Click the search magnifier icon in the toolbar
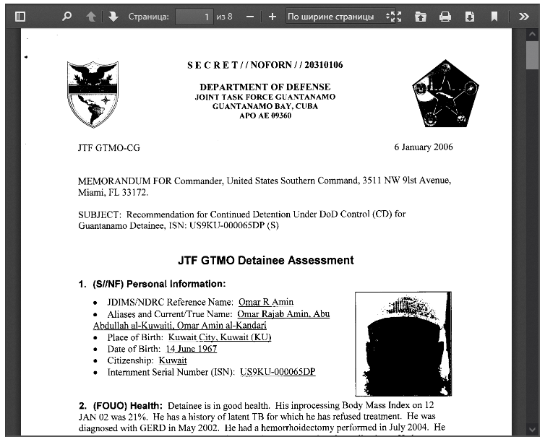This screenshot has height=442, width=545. (x=66, y=17)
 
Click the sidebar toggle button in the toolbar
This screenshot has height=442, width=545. (x=20, y=17)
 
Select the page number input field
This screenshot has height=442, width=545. (x=194, y=17)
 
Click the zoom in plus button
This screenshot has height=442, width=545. (x=272, y=17)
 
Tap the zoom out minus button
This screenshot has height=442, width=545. (x=249, y=17)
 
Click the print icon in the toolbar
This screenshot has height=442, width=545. (x=445, y=17)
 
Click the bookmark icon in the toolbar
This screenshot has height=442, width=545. (x=494, y=17)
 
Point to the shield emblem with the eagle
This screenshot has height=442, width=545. (x=93, y=93)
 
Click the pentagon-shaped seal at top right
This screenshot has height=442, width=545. (x=445, y=93)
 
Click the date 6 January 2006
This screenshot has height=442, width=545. (x=424, y=147)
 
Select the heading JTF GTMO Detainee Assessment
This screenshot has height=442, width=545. (x=266, y=260)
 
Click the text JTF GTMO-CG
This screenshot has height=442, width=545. (x=109, y=148)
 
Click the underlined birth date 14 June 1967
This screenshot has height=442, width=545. (x=192, y=349)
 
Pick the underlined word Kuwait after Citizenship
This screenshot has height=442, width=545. (x=173, y=360)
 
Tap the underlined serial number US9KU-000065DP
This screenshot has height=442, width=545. (x=278, y=372)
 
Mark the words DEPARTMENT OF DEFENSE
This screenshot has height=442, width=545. (x=265, y=87)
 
